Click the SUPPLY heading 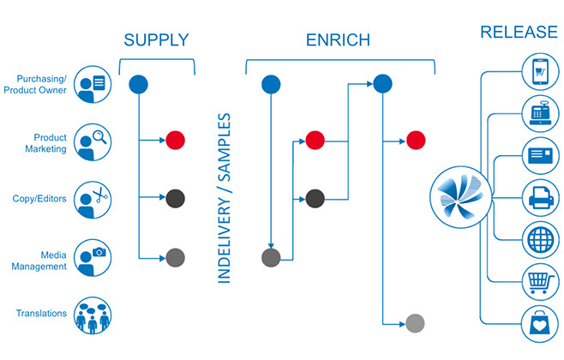[x=156, y=39]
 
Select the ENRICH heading [x=337, y=39]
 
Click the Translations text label [x=41, y=314]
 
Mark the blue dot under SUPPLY [x=138, y=84]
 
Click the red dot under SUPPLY [x=175, y=140]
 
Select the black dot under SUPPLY [x=175, y=199]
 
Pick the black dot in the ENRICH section [x=315, y=199]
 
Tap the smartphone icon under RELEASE [x=540, y=71]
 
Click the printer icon [x=540, y=200]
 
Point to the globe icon [x=540, y=239]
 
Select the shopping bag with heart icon [x=540, y=325]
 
